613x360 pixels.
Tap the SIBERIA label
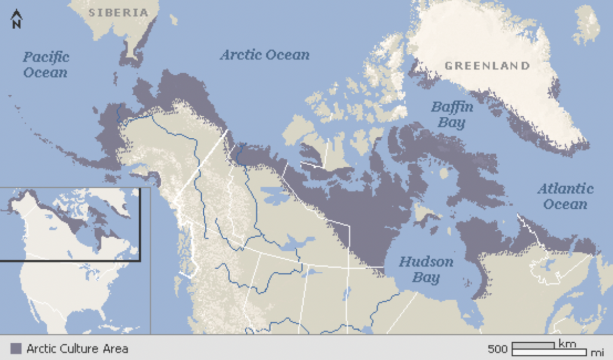click(x=118, y=12)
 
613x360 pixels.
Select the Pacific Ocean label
click(x=46, y=64)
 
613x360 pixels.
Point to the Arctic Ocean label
click(x=265, y=55)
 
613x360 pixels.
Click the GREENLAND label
click(x=487, y=66)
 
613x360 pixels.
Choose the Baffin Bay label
click(x=452, y=115)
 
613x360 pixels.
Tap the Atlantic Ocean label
click(x=565, y=196)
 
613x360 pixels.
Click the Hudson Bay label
click(x=426, y=270)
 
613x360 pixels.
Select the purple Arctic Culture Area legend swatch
click(x=16, y=348)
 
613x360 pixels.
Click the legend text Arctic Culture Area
click(x=77, y=349)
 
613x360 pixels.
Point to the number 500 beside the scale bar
click(x=498, y=349)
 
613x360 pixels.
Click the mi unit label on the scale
click(x=596, y=352)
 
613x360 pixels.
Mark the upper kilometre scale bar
click(x=533, y=344)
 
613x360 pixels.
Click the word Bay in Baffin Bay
click(x=451, y=123)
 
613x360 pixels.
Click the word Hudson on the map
click(x=426, y=262)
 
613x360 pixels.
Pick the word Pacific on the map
click(x=46, y=57)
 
